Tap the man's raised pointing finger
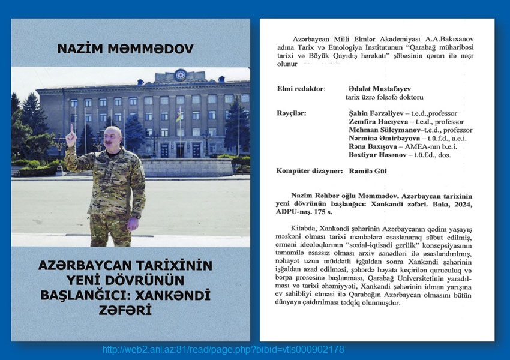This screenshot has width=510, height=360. click(72, 130)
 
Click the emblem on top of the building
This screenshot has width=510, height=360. click(179, 75)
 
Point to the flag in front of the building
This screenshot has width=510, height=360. click(179, 116)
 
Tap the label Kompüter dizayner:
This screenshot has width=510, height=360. click(308, 171)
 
